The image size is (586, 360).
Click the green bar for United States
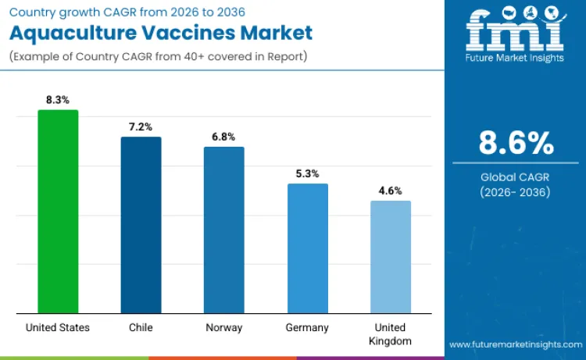point(58,212)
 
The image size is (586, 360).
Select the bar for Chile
point(141,225)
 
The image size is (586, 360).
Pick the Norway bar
point(223,230)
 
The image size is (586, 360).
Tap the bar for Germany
point(307,248)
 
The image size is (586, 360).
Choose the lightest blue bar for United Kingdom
point(390,257)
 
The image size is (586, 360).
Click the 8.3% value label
point(58,100)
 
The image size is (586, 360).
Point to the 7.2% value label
point(141,127)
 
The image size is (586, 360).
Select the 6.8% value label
point(223,137)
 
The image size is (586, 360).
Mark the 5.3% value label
point(307,173)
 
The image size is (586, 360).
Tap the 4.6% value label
point(390,191)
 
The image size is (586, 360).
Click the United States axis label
point(58,328)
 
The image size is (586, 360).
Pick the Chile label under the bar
point(141,328)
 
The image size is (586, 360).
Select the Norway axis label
point(223,328)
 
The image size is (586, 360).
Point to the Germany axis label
point(307,328)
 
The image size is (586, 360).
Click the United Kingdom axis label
point(390,334)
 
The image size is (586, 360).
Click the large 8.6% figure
point(516,144)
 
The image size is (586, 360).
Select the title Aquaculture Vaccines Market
point(159,33)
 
